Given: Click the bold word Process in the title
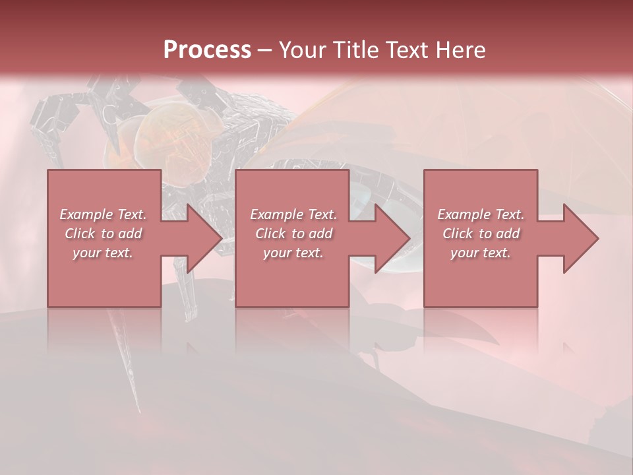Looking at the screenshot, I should [207, 50].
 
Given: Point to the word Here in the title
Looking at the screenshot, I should [460, 50].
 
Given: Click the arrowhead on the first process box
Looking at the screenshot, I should [198, 238].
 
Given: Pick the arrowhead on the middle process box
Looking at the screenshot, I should [386, 238].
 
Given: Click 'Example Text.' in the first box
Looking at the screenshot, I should [103, 214].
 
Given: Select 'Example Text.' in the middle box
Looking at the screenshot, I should [293, 214].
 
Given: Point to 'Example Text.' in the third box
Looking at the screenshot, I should [481, 214].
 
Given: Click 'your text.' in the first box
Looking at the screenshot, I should [103, 253].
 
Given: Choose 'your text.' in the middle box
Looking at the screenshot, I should [293, 253].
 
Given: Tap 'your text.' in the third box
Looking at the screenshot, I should [481, 253].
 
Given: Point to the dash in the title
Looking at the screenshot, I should [264, 51].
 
